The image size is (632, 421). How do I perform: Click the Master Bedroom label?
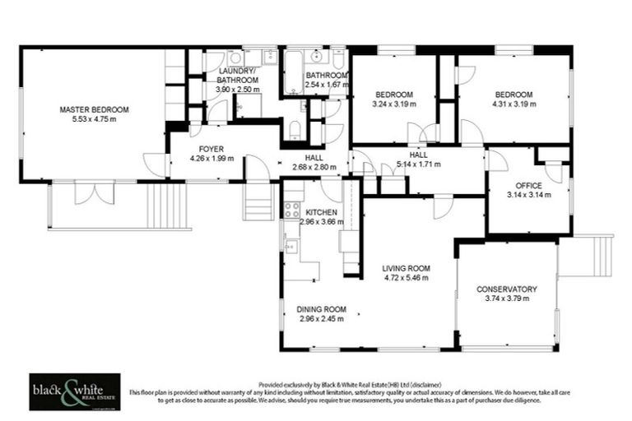[94, 109]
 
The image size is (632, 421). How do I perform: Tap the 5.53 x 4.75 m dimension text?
[94, 119]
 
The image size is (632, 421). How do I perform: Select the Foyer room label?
[211, 149]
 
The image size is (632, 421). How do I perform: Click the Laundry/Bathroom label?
[236, 76]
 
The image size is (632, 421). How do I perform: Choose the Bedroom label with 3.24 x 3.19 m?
[394, 95]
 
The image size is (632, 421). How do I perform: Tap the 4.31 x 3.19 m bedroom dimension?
[513, 104]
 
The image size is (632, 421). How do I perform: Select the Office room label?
[527, 185]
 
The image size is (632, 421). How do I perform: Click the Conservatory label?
[507, 289]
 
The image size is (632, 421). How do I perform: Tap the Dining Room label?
[322, 309]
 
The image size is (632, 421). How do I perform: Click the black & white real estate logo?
[74, 391]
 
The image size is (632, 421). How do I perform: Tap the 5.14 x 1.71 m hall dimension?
[418, 164]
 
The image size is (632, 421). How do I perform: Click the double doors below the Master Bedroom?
[94, 192]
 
